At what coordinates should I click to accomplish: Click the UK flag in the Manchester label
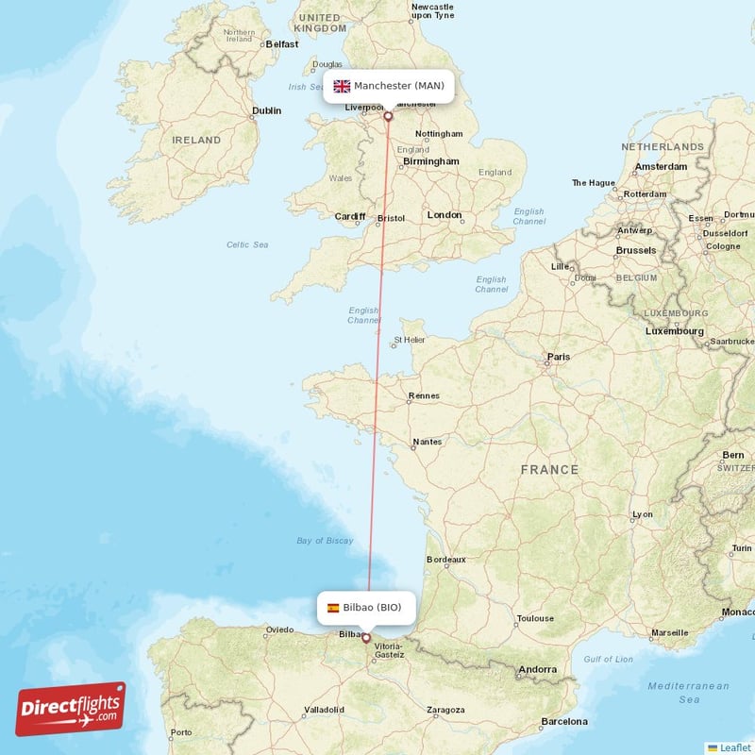coord(342,87)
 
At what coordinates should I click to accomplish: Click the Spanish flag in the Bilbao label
coord(333,608)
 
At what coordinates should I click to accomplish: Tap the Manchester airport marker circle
coord(388,117)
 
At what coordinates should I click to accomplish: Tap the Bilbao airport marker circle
coord(366,638)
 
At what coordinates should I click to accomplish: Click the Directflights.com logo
coord(70,709)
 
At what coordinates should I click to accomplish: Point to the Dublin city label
coord(266,110)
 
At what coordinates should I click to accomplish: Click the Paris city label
coord(559,357)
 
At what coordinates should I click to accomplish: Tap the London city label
coord(445,215)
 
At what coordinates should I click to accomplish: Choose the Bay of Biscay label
coord(325,541)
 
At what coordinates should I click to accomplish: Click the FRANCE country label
coord(549,469)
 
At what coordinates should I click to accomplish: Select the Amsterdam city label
coord(661,167)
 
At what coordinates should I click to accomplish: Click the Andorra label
coord(537,669)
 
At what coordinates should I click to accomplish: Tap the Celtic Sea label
coord(247,244)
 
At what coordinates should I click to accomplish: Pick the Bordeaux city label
coord(446,559)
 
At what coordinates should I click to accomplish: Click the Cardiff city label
coord(349,216)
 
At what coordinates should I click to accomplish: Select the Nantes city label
coord(427,442)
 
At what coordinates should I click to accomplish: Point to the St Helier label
coord(411,340)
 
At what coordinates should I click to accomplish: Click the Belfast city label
coord(281,43)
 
